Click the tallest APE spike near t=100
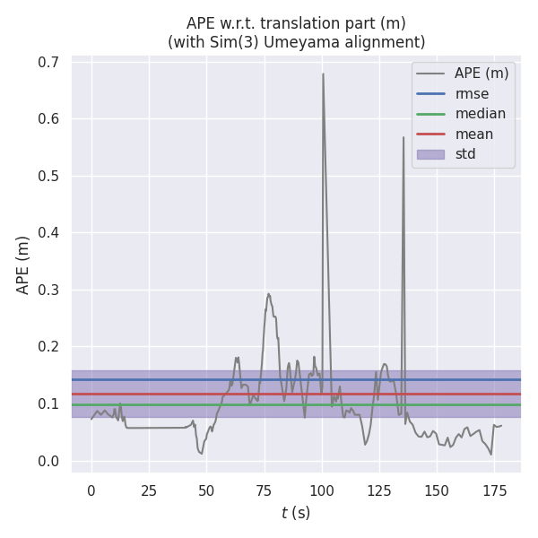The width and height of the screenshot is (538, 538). [323, 74]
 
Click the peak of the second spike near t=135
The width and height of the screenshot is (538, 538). [403, 136]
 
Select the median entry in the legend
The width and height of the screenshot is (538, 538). [480, 114]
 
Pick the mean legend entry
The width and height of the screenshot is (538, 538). [473, 134]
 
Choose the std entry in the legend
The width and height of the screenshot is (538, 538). [465, 154]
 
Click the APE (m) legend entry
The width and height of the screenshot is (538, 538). [482, 74]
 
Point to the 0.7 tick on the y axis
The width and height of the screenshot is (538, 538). [48, 63]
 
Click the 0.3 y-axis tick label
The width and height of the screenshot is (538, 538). [48, 291]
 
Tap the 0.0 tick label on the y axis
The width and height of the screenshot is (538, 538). [48, 462]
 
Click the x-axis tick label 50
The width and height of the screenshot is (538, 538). [206, 490]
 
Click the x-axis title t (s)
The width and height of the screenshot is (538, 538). [296, 513]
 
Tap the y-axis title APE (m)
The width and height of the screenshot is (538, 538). [23, 265]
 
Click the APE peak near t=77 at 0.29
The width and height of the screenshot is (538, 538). [268, 293]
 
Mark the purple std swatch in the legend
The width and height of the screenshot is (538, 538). [430, 154]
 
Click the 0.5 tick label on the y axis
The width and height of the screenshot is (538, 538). [48, 177]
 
